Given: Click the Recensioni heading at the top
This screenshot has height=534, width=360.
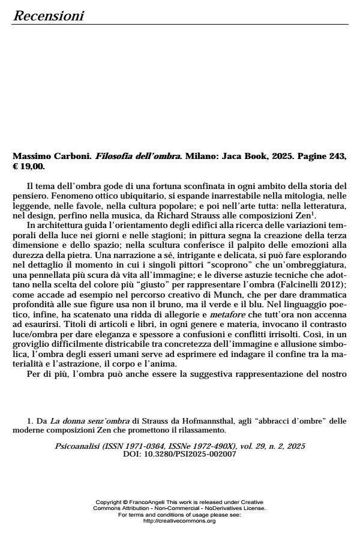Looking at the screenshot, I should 48,16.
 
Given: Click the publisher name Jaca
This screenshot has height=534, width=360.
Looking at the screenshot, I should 225,156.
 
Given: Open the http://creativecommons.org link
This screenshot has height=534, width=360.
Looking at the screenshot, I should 179,521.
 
